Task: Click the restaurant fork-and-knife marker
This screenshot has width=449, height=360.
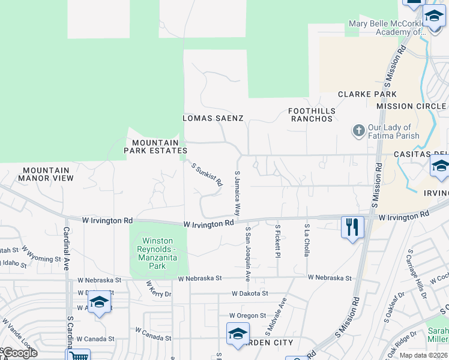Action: click(352, 227)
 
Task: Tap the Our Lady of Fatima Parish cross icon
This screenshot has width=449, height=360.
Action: click(358, 131)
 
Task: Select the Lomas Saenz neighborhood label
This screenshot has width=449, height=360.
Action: click(213, 118)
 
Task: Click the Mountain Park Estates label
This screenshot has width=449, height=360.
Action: click(156, 146)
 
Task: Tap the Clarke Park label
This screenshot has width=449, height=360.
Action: click(367, 94)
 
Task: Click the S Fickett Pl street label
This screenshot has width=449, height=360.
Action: click(278, 242)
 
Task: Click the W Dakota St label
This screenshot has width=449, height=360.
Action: click(251, 293)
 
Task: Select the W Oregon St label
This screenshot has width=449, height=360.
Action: click(247, 316)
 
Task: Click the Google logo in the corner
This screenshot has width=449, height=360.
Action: click(19, 353)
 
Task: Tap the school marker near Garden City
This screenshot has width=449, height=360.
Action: click(238, 334)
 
